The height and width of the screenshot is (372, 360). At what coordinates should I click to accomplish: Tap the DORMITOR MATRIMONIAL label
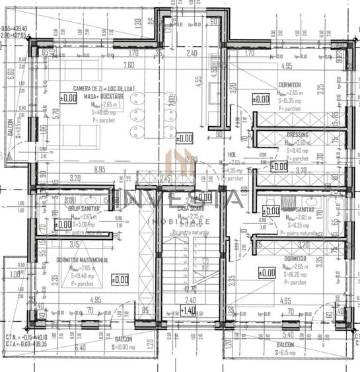pos(83,260)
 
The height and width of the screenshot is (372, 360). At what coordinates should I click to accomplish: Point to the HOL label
pos(232,154)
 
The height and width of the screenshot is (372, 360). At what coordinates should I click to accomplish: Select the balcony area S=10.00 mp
pos(123,346)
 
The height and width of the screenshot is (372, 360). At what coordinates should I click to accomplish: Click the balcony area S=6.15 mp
pos(287,353)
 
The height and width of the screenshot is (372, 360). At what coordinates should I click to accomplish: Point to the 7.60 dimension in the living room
pos(128,65)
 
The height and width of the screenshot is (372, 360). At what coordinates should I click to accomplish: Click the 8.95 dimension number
pos(100,170)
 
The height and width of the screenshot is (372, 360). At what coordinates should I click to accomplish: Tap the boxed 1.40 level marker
pos(189,310)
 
